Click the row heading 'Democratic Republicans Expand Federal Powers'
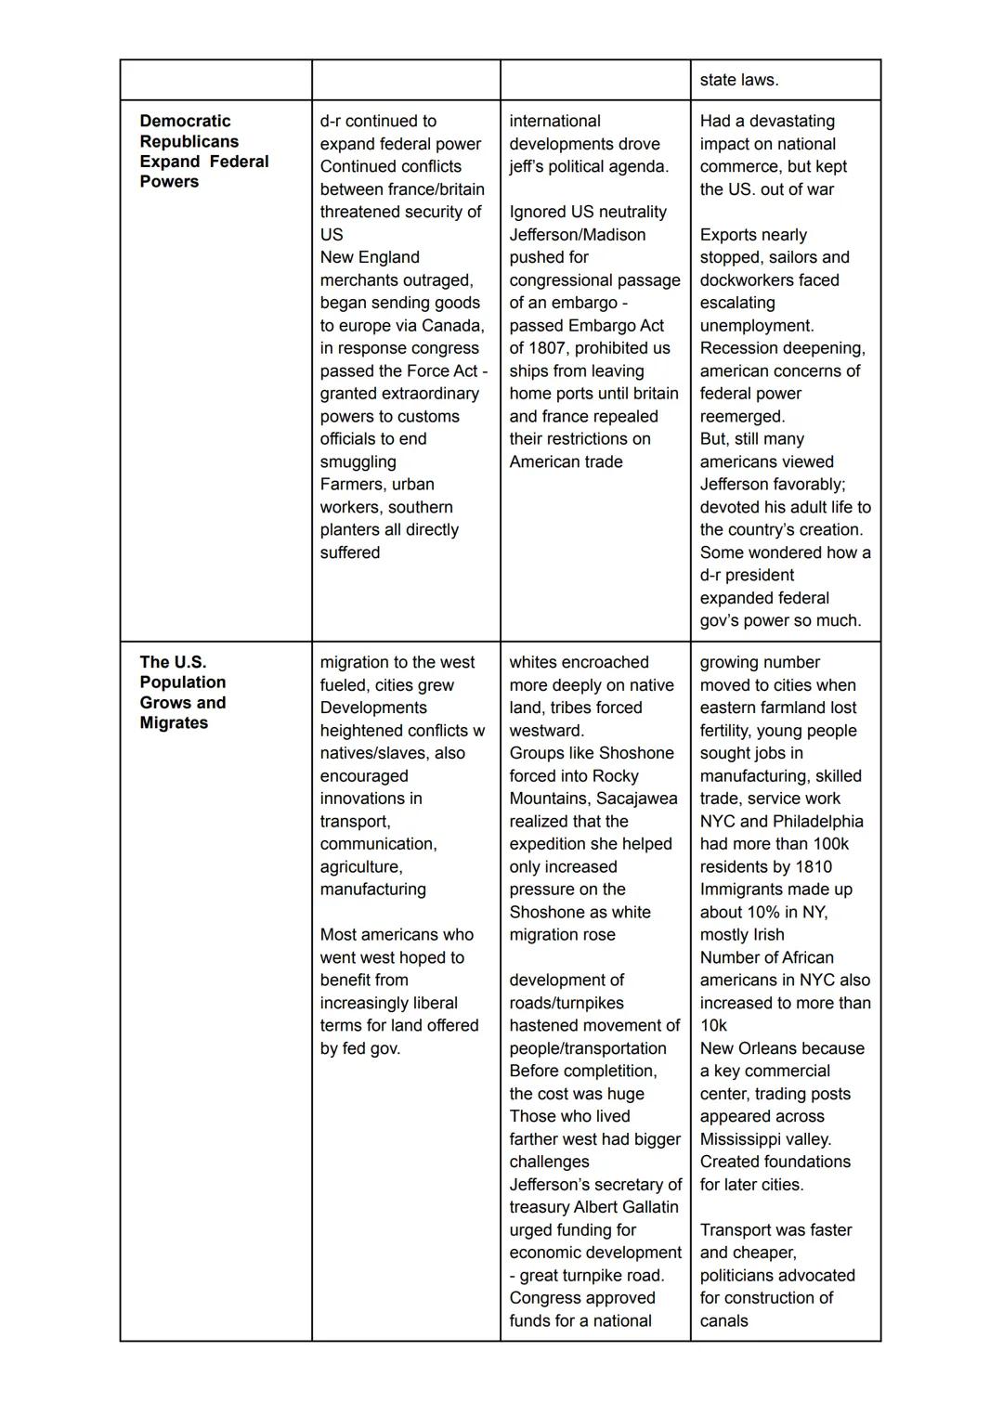(x=203, y=150)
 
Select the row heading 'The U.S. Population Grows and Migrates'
(x=183, y=692)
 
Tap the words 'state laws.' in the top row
(x=739, y=80)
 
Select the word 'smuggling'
(x=358, y=461)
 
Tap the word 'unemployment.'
(x=757, y=326)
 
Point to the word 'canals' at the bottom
(x=723, y=1320)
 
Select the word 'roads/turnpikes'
(x=567, y=1003)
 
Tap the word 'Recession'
(x=739, y=348)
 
